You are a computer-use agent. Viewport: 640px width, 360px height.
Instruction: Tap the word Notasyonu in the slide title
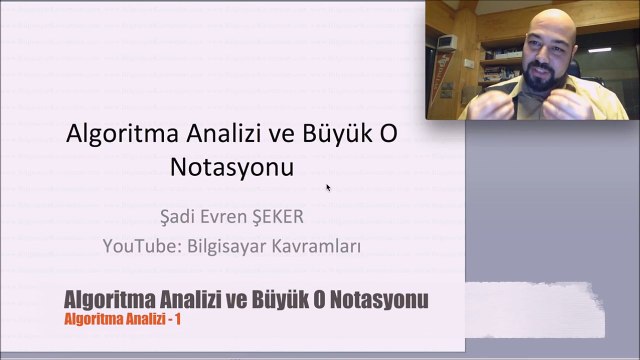[x=232, y=167]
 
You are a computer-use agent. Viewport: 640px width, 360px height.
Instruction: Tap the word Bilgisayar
[x=228, y=245]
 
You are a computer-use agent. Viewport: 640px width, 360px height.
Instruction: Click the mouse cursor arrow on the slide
[x=328, y=186]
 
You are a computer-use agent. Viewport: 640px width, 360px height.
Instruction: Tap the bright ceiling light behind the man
[x=599, y=47]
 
